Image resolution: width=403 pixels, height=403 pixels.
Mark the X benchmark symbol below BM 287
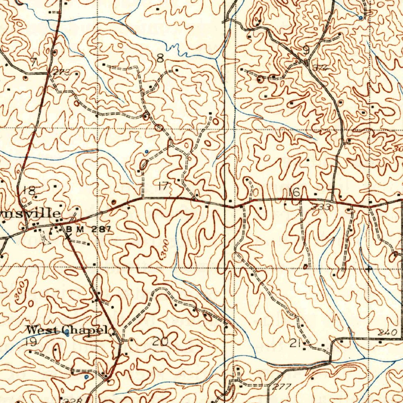click(x=68, y=236)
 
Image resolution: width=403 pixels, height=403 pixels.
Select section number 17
click(x=162, y=186)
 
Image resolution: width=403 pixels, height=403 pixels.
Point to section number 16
click(x=294, y=192)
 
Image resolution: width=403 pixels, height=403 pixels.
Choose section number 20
click(x=160, y=342)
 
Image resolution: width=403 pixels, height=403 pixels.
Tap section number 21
click(x=295, y=344)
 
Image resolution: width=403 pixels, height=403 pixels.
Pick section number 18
click(x=29, y=191)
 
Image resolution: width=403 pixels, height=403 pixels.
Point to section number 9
click(x=306, y=50)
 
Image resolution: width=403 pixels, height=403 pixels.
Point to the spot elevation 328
click(x=74, y=400)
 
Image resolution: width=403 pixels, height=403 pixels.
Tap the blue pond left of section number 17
click(x=146, y=151)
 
